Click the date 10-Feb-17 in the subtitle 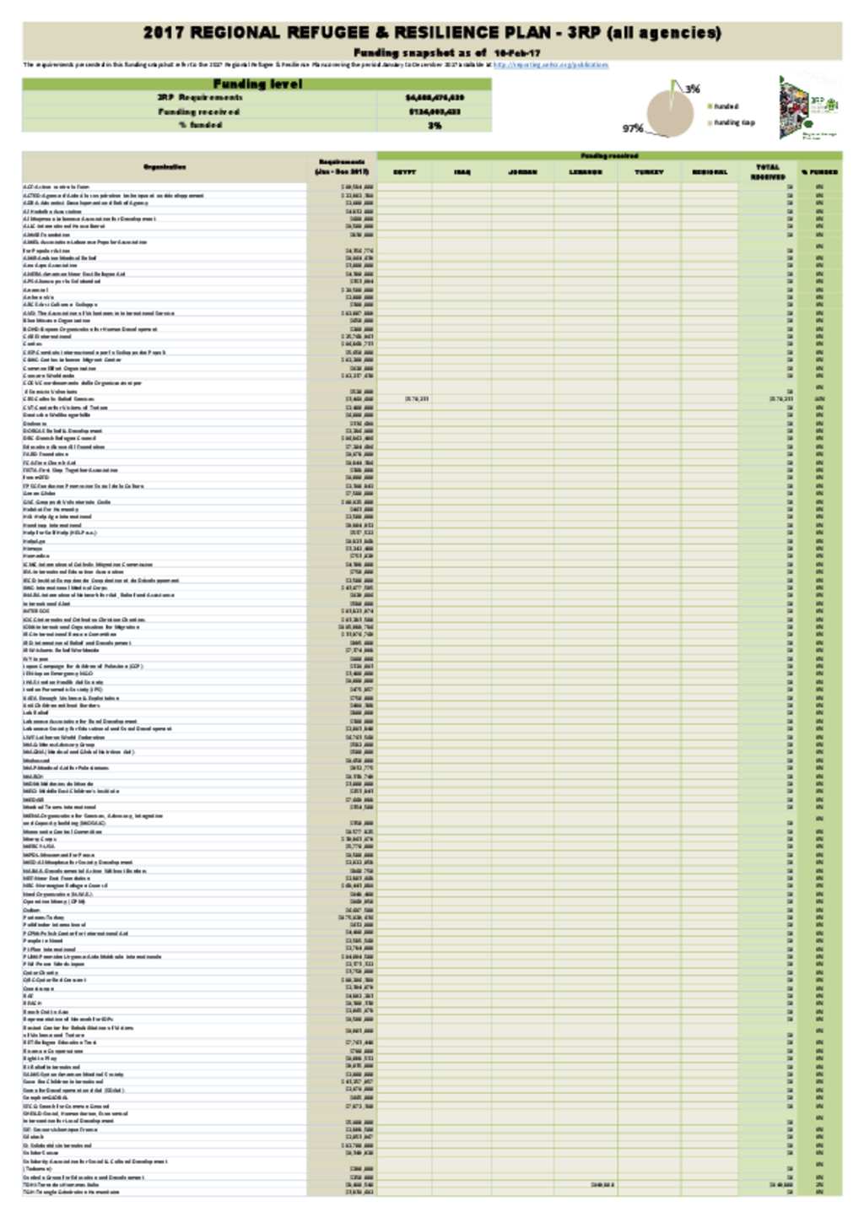(x=516, y=52)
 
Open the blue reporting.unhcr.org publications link (x=549, y=64)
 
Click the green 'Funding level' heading (x=256, y=84)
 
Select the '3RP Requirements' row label (x=199, y=98)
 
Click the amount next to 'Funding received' (x=435, y=111)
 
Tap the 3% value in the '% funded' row (x=435, y=125)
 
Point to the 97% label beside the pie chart (x=633, y=128)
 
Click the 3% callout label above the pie (x=693, y=89)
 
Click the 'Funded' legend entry (x=726, y=106)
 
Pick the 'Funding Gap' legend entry (x=733, y=122)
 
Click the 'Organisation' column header (x=165, y=167)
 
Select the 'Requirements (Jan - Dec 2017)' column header (x=342, y=167)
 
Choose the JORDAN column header (x=523, y=172)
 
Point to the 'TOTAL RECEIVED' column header (x=768, y=172)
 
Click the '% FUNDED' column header (x=819, y=172)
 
